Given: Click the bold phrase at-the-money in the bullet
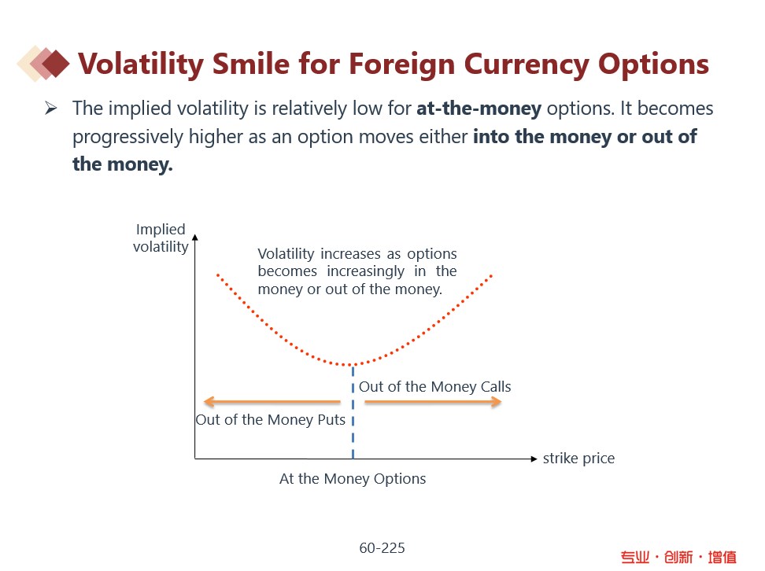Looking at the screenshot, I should [x=479, y=109].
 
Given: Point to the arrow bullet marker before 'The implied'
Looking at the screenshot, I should [x=51, y=109].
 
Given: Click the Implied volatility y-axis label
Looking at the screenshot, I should [x=161, y=238].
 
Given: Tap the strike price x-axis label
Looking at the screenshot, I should [x=578, y=459].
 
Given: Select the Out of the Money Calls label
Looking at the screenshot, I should [x=434, y=387].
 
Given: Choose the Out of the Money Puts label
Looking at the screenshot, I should [x=270, y=420].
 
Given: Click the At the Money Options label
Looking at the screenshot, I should [x=353, y=479].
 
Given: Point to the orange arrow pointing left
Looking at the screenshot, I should [x=272, y=402].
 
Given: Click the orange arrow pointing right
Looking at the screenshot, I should [x=433, y=402].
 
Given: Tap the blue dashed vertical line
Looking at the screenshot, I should [x=353, y=425].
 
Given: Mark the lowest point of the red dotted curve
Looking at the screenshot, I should [x=352, y=365].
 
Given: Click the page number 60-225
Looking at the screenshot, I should [x=382, y=547].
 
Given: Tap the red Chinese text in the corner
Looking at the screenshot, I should [x=678, y=557].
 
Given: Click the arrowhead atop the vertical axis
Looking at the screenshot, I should [x=195, y=236].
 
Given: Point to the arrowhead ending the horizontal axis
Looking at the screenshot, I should [x=534, y=459].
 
